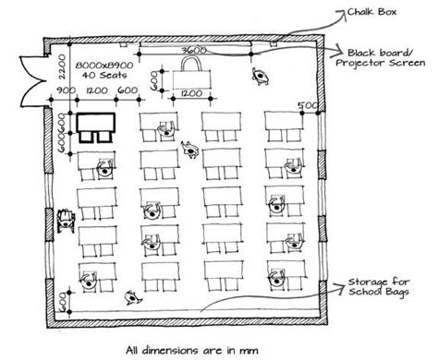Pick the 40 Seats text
[x=99, y=71]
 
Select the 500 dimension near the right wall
[x=301, y=106]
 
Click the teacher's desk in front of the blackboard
[x=192, y=73]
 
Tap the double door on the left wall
[x=36, y=65]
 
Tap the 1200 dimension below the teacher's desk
[x=192, y=94]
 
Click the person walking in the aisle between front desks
[x=190, y=148]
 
